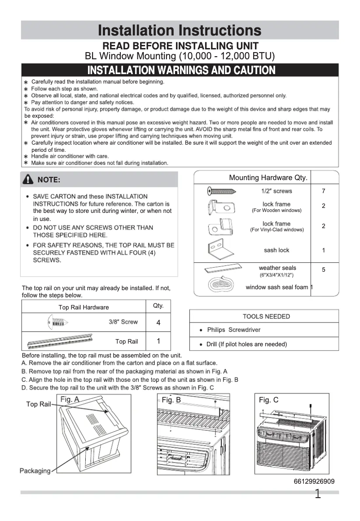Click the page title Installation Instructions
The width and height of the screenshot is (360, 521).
[x=180, y=31]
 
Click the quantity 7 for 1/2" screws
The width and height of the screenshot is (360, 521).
[x=324, y=191]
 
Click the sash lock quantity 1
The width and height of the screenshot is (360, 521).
[x=324, y=251]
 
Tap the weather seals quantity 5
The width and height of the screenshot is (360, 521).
[x=324, y=269]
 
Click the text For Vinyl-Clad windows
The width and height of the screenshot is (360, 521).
[x=277, y=230]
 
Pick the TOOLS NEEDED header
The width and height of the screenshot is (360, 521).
[x=266, y=317]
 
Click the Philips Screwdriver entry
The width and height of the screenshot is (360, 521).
[x=233, y=330]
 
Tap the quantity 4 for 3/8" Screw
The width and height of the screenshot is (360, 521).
[x=158, y=323]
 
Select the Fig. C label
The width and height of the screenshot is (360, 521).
[x=268, y=400]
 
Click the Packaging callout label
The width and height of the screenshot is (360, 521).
[x=35, y=471]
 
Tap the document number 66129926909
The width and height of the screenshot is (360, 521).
[x=314, y=481]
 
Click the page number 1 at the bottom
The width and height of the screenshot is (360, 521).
[x=317, y=495]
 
